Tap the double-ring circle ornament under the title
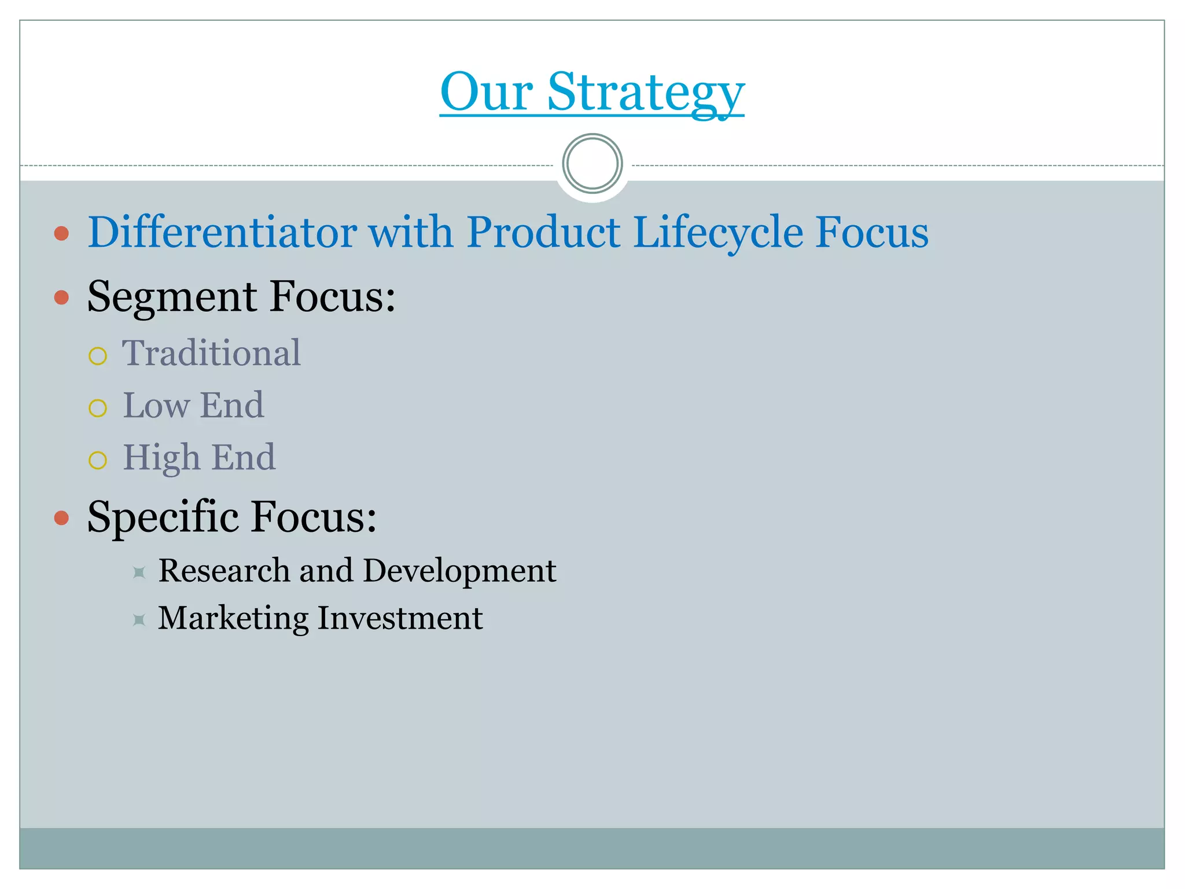pos(592,164)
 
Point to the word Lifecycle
pos(718,232)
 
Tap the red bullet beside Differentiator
pos(61,234)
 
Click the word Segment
pos(172,297)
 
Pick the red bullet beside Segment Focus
pos(61,297)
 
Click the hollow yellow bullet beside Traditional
pos(98,356)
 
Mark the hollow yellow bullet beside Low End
pos(98,408)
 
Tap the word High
pos(161,457)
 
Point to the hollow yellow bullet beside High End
pos(98,460)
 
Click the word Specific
pos(163,516)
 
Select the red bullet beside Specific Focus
pos(61,517)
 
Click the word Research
pos(223,571)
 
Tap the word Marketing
pos(233,618)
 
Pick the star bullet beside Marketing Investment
pos(139,620)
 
